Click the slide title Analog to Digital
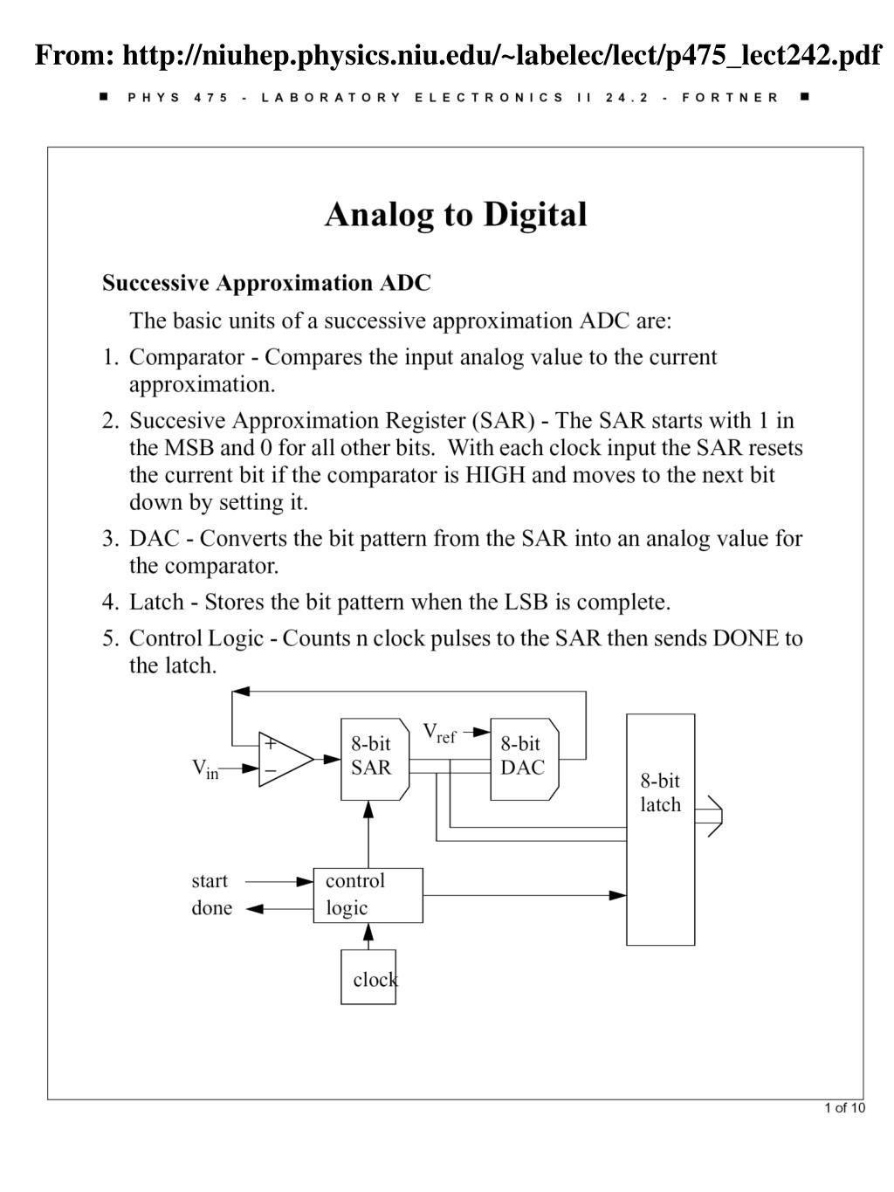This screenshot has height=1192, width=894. [456, 215]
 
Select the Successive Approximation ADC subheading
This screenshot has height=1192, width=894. [266, 283]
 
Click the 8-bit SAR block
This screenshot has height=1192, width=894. [373, 758]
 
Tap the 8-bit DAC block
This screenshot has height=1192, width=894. [523, 758]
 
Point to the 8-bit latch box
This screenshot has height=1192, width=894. [660, 829]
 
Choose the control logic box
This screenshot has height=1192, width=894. [368, 895]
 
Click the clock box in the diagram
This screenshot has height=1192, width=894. [368, 977]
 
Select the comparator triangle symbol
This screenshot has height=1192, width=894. [284, 759]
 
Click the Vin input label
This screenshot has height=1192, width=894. [205, 769]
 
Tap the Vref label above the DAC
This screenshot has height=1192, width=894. [439, 733]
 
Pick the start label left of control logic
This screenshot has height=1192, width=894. [210, 881]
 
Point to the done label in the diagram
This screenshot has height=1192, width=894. [211, 908]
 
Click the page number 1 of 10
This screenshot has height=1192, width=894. [844, 1108]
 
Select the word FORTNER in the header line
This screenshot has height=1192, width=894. [730, 98]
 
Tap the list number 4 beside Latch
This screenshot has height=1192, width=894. [109, 602]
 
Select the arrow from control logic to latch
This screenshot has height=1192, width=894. [524, 895]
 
